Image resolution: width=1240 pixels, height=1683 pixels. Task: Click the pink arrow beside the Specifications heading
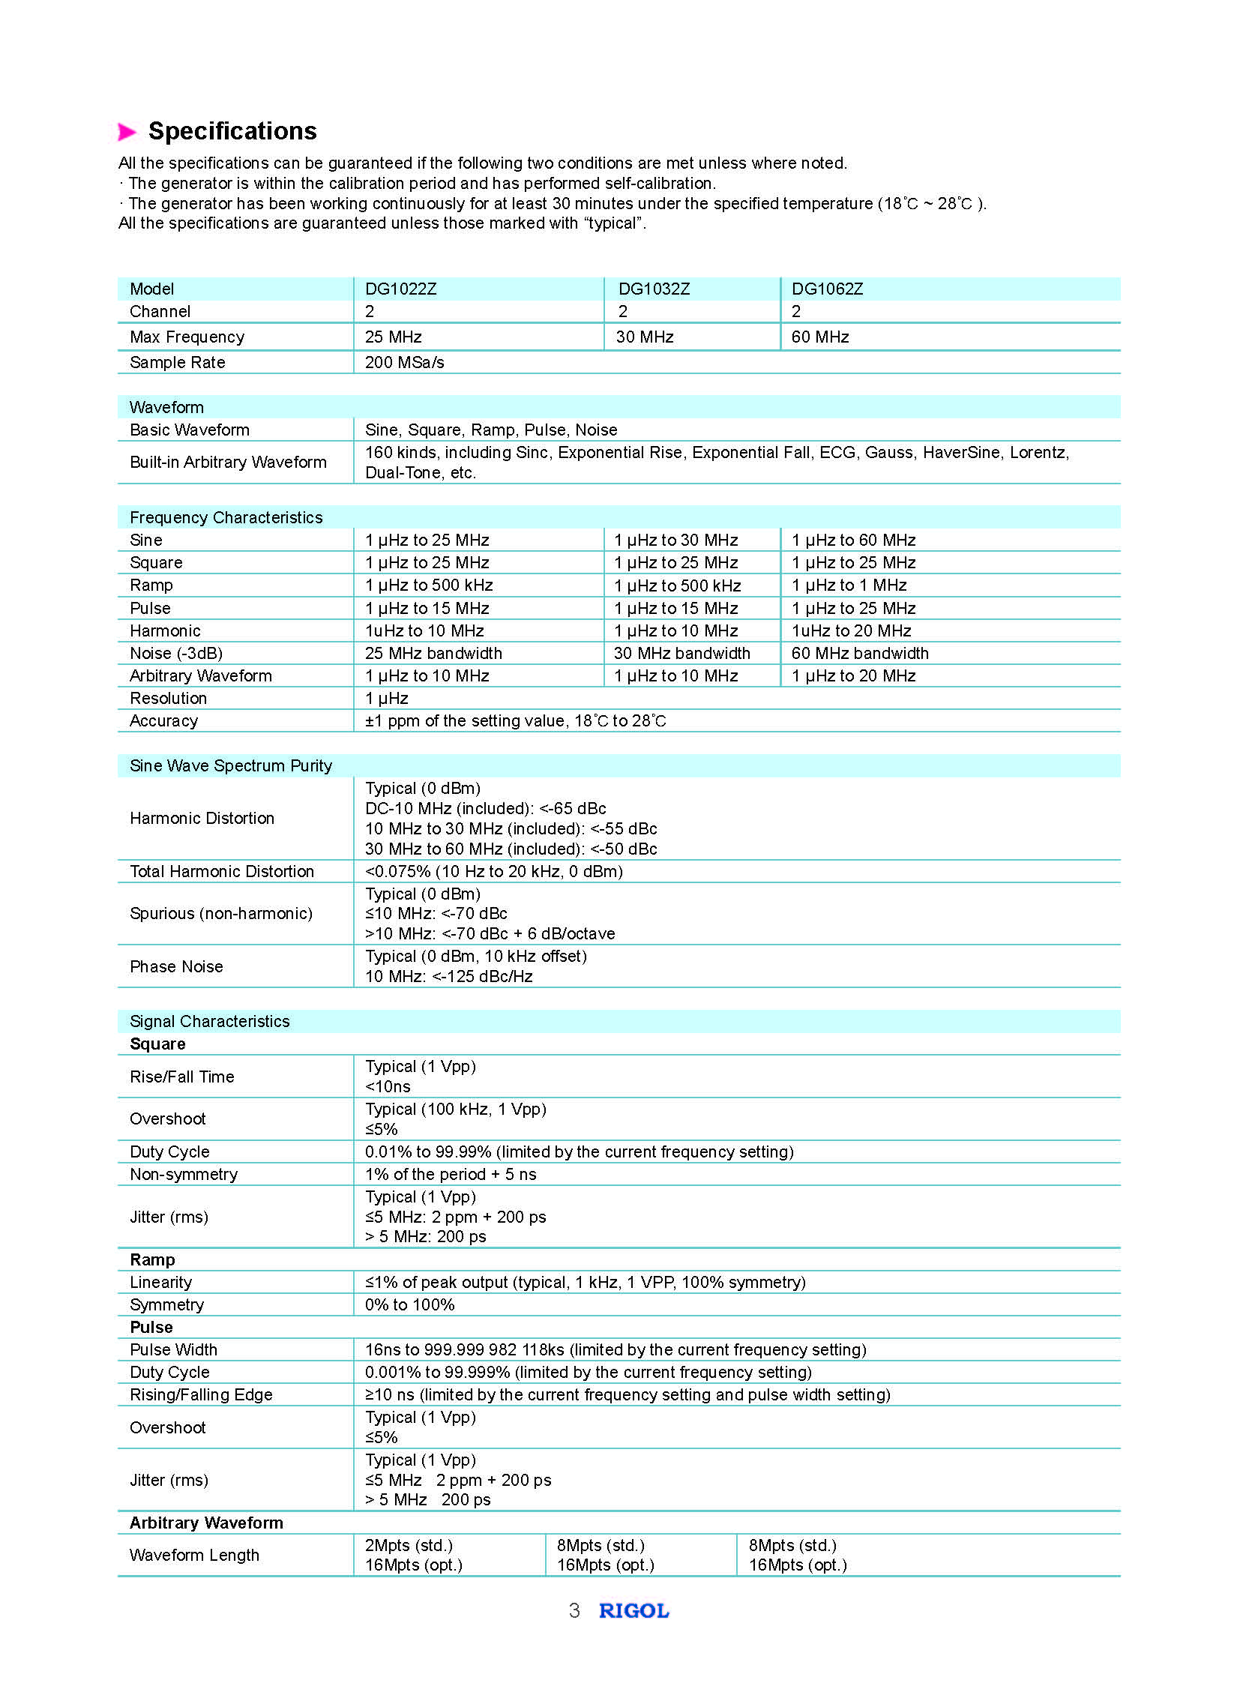tap(127, 132)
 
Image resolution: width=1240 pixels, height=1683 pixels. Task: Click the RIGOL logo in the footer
tap(633, 1611)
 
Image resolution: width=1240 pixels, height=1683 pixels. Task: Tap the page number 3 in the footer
tap(574, 1611)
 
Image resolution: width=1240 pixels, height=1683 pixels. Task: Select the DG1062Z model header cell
tap(827, 289)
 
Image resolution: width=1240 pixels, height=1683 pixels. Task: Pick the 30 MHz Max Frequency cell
tap(645, 337)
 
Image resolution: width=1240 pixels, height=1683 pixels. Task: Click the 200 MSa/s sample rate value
tap(405, 363)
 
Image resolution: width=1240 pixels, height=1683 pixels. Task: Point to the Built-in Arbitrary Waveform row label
tap(228, 463)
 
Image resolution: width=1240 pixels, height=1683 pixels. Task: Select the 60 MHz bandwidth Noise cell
tap(860, 653)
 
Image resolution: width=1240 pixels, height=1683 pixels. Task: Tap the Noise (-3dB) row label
tap(176, 653)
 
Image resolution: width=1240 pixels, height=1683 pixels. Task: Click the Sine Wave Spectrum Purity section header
tap(231, 765)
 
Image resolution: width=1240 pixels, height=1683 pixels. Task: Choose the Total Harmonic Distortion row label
tap(222, 872)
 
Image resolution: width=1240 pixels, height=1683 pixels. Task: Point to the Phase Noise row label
tap(176, 967)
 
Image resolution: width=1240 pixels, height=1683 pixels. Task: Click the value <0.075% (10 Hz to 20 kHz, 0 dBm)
tap(494, 872)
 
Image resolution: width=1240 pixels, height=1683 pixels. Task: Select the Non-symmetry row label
tap(184, 1175)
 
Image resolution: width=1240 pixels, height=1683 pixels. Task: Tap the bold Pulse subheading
tap(151, 1327)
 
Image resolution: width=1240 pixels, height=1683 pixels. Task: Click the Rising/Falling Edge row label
tap(201, 1394)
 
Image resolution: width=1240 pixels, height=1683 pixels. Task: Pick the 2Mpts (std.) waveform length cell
tap(409, 1546)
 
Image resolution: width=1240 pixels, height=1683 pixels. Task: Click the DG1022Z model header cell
tap(401, 289)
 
